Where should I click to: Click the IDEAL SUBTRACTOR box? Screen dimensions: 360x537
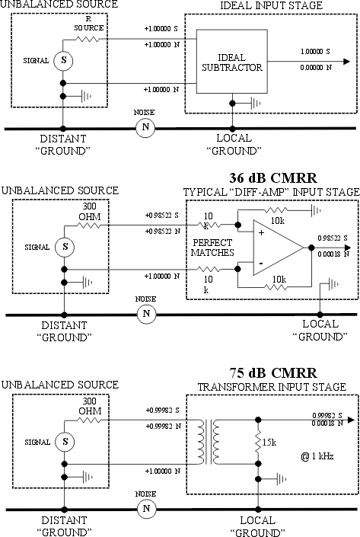231,61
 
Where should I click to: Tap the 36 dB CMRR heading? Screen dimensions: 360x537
273,178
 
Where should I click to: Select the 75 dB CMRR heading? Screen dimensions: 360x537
273,373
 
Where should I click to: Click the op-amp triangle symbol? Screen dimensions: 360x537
279,248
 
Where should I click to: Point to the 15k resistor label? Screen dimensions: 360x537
269,442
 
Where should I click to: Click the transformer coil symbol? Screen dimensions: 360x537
208,442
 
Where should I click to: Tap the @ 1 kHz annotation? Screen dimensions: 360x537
317,456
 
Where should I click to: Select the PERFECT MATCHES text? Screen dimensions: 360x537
212,248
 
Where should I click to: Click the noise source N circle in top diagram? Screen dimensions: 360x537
145,127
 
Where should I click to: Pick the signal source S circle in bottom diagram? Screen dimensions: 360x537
65,442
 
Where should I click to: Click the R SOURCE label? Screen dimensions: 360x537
88,24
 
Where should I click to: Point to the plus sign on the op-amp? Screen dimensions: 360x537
262,233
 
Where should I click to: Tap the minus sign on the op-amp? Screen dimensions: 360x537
261,263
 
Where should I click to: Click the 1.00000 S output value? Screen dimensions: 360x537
315,51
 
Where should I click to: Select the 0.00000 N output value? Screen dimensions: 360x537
316,68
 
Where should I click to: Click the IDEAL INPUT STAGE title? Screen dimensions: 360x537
271,5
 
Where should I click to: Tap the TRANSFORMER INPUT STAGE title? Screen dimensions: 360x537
272,387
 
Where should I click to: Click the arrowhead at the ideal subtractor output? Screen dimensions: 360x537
346,62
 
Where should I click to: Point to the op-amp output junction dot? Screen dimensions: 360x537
311,248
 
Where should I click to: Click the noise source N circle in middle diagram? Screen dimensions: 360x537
146,314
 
